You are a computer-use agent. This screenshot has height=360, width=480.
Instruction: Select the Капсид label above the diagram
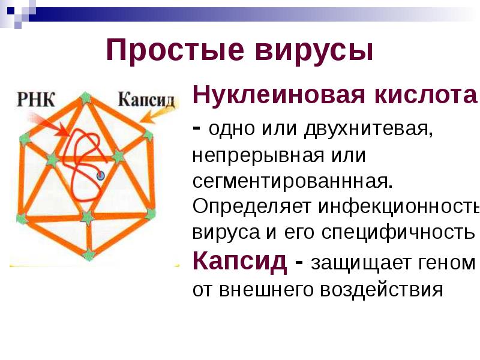click(146, 99)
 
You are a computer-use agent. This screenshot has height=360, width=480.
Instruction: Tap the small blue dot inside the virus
click(100, 176)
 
